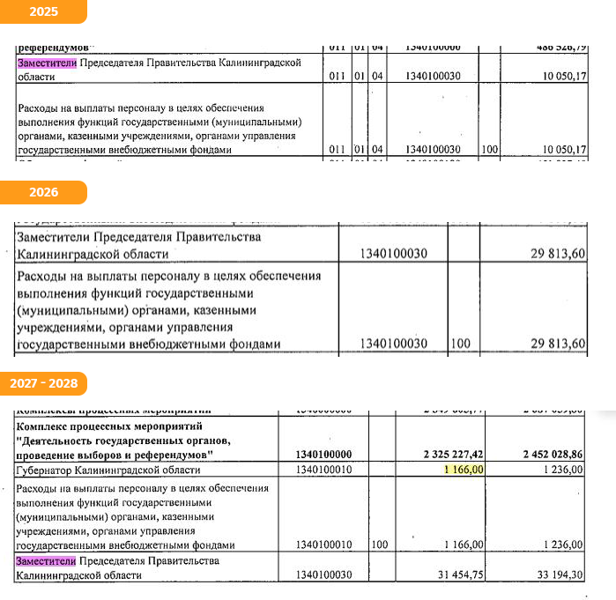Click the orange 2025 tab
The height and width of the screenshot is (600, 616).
click(x=42, y=11)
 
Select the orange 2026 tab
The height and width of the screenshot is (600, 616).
click(x=42, y=192)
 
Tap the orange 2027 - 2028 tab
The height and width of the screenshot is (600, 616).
click(x=44, y=383)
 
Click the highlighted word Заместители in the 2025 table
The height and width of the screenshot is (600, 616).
click(x=47, y=63)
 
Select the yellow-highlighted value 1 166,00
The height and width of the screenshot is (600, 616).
click(x=464, y=470)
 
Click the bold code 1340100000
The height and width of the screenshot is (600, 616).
click(x=326, y=454)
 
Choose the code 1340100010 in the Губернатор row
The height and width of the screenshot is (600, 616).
click(x=326, y=470)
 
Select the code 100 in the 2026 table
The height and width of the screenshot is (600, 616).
click(x=460, y=343)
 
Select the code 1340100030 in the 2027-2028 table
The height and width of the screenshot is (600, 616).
click(x=326, y=576)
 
